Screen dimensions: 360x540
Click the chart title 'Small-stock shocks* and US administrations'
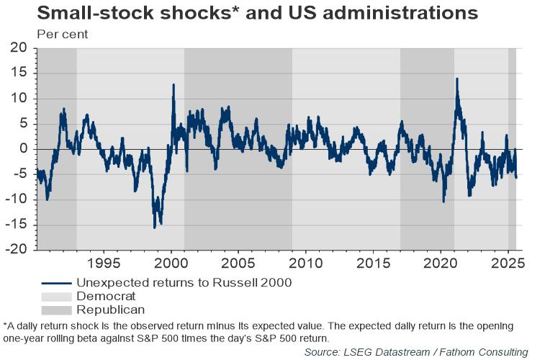[257, 13]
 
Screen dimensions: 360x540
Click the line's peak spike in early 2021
[456, 79]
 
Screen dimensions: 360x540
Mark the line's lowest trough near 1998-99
[154, 228]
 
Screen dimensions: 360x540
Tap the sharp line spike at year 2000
[174, 85]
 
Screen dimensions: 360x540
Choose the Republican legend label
[109, 310]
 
